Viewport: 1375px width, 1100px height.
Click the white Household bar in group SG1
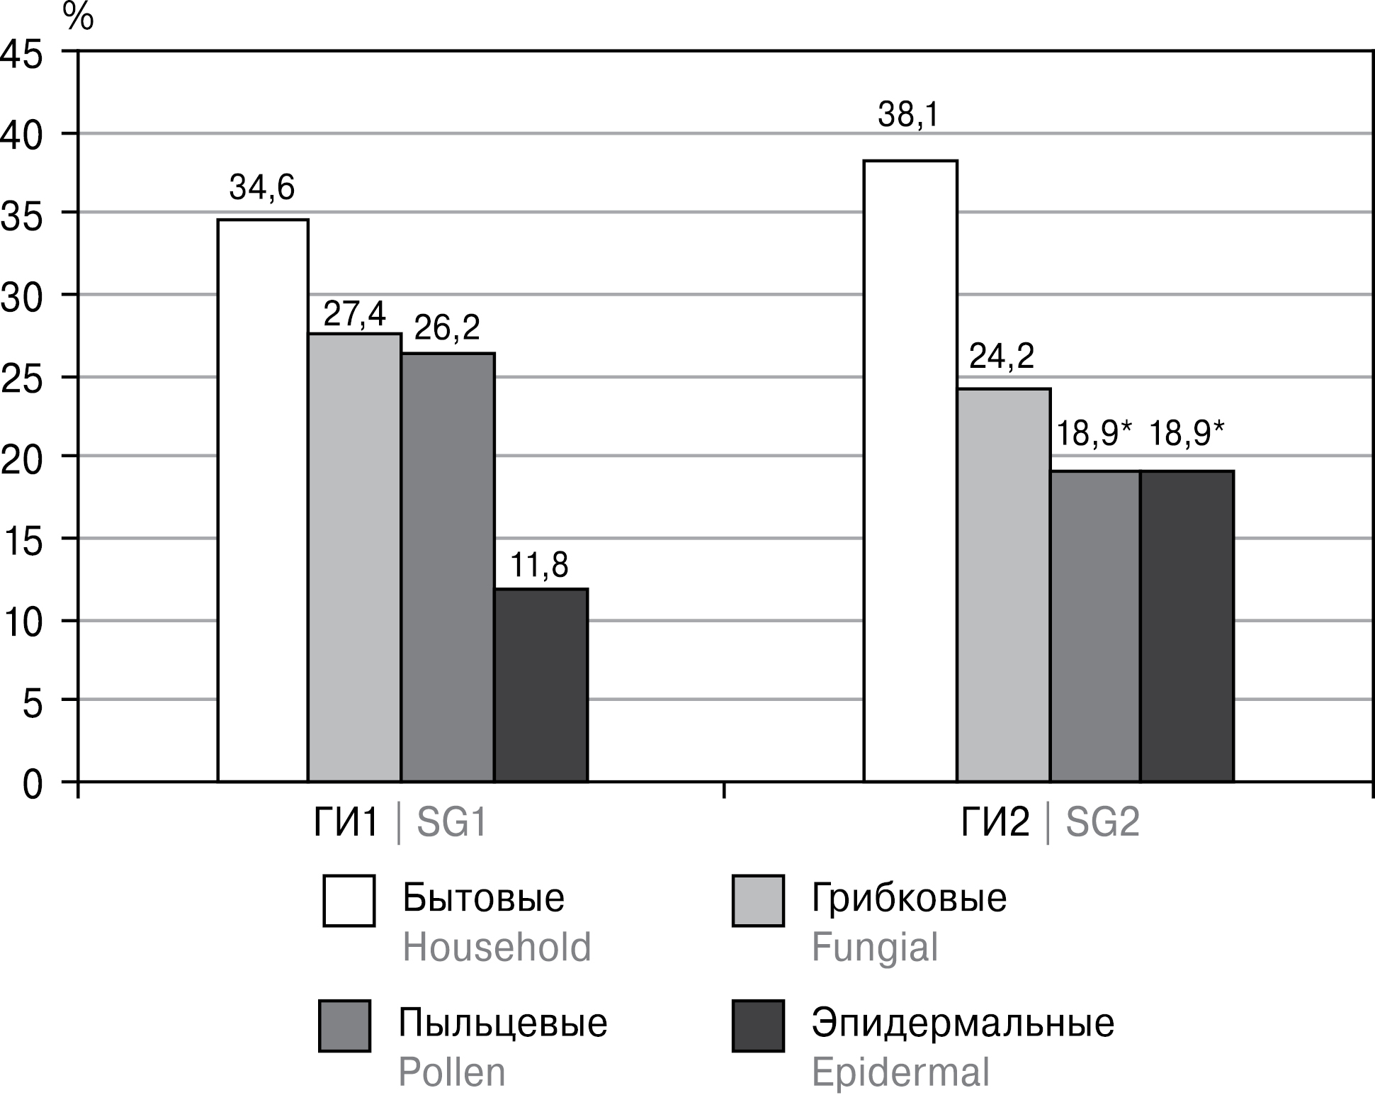(x=263, y=500)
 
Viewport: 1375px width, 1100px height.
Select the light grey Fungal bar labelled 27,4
(x=355, y=557)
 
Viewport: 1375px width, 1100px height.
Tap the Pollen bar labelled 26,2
(x=448, y=567)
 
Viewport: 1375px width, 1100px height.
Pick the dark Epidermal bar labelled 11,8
(x=541, y=685)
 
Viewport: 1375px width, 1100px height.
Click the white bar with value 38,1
(x=910, y=471)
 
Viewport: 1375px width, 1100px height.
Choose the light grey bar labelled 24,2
(x=1004, y=585)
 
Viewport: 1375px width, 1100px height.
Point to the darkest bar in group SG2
(x=1187, y=626)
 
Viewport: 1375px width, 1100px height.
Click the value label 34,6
(x=261, y=189)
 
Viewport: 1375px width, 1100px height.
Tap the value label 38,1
(x=908, y=115)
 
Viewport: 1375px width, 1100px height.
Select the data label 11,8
(x=539, y=566)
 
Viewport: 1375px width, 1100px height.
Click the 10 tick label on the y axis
(x=23, y=621)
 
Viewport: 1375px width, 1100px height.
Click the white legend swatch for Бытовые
(x=349, y=901)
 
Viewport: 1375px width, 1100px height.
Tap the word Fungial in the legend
(x=874, y=947)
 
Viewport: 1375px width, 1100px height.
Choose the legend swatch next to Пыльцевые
(x=345, y=1026)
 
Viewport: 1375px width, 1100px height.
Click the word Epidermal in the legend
(x=900, y=1072)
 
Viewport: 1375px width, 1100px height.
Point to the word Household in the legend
(x=497, y=947)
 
